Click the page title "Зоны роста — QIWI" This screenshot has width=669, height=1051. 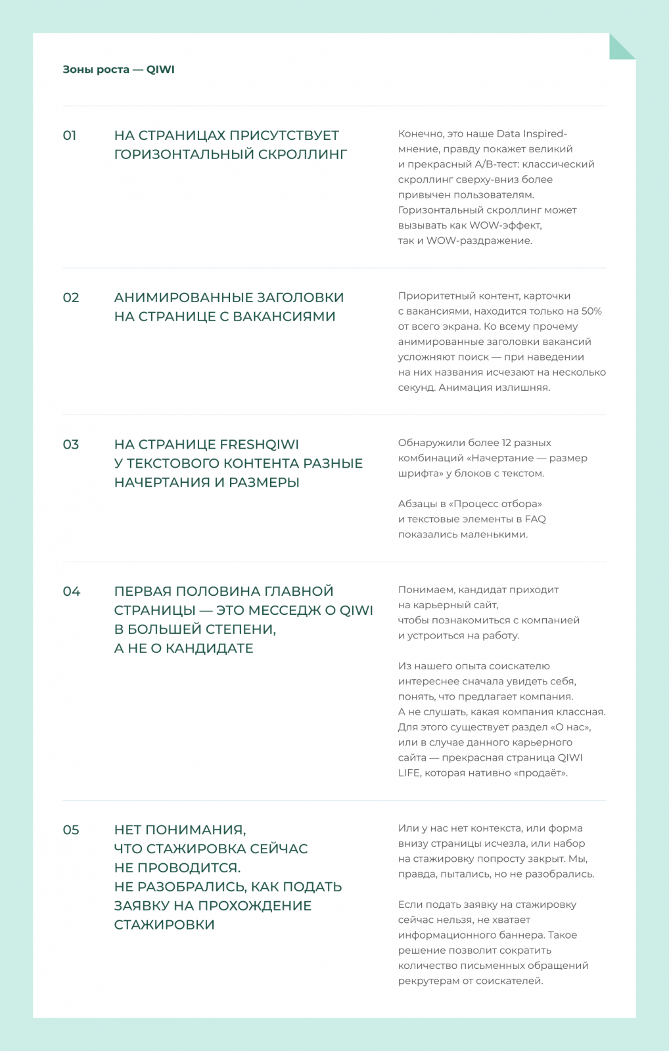pos(118,70)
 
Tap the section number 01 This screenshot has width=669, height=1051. pos(70,135)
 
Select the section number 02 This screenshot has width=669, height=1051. pos(71,298)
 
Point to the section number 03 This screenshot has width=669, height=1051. pos(71,445)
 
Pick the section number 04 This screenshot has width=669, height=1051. pos(72,591)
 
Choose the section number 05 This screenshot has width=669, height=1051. pos(71,830)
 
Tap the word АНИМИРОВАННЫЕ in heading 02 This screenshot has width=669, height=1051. pos(183,298)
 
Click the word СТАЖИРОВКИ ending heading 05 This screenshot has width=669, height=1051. pos(164,925)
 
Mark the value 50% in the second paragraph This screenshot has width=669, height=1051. pos(591,311)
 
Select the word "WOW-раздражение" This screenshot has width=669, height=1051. pos(479,240)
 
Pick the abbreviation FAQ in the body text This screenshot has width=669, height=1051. pos(535,519)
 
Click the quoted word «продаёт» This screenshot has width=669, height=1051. pos(543,773)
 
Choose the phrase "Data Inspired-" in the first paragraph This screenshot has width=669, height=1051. pos(532,134)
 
